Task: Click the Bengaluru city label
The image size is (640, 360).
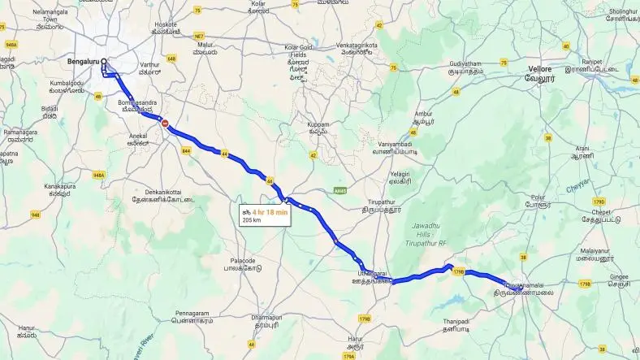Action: pyautogui.click(x=83, y=61)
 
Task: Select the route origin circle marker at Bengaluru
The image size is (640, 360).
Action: pyautogui.click(x=103, y=61)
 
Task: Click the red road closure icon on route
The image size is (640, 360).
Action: pyautogui.click(x=166, y=124)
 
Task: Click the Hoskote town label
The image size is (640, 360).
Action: pyautogui.click(x=166, y=24)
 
